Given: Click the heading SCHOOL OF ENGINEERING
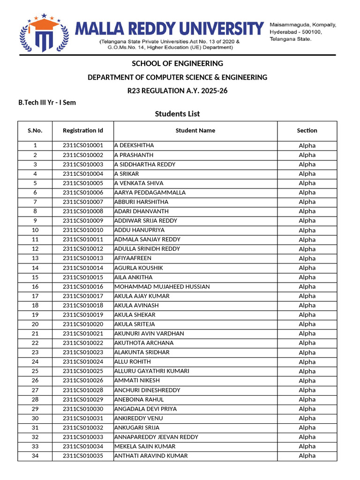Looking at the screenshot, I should [177, 63].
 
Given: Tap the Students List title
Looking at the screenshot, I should [177, 114].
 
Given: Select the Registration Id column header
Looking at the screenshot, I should [82, 130].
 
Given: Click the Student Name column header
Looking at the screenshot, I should [195, 130].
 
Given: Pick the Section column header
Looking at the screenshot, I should [307, 130].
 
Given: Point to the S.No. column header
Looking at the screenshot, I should [35, 130].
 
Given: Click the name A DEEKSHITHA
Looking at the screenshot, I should [134, 145].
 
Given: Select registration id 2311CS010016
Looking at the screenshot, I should [82, 286].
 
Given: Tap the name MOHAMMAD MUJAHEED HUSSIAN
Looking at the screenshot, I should [162, 286].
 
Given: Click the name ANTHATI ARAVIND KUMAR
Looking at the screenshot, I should [151, 456].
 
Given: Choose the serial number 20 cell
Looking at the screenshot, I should [35, 324].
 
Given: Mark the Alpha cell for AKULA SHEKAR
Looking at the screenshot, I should [307, 315].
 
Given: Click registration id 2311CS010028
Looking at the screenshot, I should [82, 390].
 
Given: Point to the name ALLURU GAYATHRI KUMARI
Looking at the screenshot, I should [152, 371].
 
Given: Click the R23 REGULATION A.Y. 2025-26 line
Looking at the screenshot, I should [177, 90].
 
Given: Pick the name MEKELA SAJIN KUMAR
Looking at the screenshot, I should [145, 446].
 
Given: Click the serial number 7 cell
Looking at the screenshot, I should [35, 202].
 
